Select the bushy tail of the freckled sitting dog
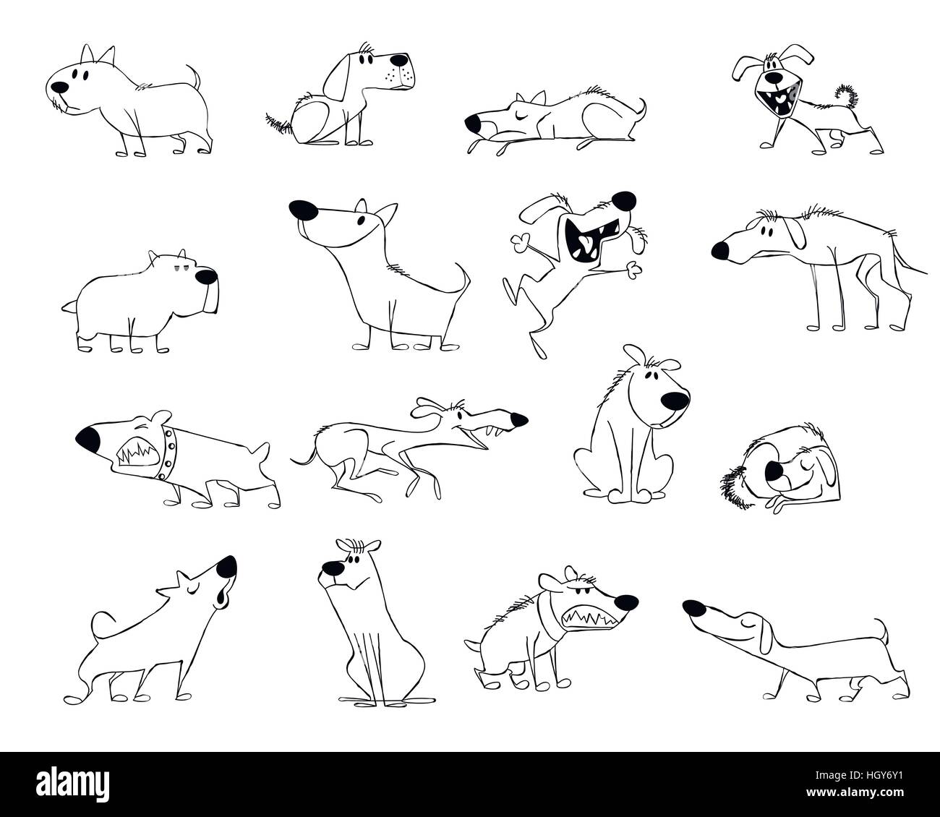tap(278, 124)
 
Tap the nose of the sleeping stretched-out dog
tap(472, 126)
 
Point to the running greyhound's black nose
tap(519, 419)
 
